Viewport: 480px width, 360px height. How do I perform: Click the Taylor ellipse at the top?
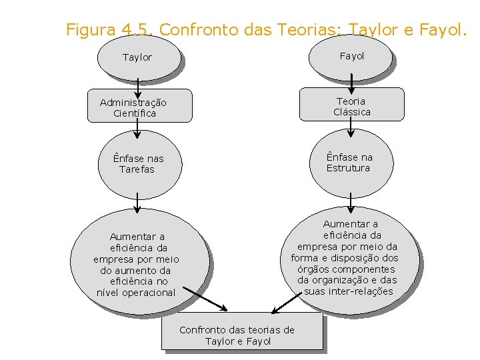coord(138,57)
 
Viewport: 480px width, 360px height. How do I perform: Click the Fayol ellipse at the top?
coord(351,56)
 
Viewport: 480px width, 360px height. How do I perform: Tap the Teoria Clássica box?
coord(351,105)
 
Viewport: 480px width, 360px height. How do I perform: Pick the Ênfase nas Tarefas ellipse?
coord(138,164)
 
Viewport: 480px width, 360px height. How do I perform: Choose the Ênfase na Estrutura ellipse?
coord(351,162)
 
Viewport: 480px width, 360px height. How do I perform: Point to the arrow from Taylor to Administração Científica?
coord(137,84)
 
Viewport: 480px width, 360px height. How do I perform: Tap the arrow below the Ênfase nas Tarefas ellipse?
coord(137,203)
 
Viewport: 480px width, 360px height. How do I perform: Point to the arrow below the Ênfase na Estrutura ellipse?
coord(351,202)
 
